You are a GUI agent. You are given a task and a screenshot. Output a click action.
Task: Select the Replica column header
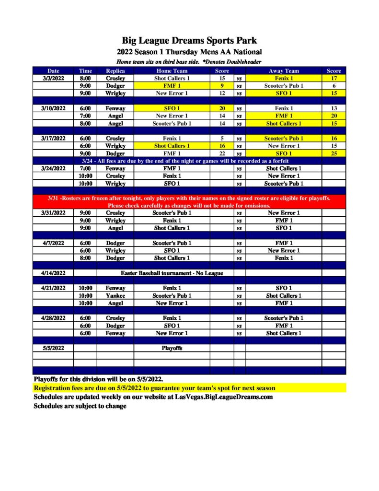coord(115,71)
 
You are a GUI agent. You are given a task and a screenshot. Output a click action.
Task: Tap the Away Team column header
coord(284,71)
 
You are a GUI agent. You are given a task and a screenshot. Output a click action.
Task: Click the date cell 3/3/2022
coord(53,78)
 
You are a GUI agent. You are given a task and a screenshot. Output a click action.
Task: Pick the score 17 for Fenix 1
coord(334,78)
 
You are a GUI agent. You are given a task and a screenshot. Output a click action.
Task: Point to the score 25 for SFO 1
coord(334,153)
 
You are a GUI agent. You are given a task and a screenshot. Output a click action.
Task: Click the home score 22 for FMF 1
coord(222,153)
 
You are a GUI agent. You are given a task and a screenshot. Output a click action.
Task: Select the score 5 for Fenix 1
coord(222,139)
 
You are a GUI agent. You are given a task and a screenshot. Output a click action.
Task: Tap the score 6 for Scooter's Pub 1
coord(334,86)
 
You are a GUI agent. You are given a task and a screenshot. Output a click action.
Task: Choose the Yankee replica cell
coord(115,296)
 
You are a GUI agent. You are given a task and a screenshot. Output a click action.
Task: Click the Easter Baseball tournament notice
coord(172,273)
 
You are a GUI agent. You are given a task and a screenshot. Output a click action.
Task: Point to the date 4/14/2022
coord(53,273)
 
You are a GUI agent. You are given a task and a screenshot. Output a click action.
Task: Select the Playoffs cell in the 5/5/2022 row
coord(172,348)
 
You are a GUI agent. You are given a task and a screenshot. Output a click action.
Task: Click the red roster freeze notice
coord(189,202)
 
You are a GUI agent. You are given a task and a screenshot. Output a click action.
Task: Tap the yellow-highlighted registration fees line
coord(154,388)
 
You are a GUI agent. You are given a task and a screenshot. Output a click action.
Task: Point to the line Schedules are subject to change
coord(80,406)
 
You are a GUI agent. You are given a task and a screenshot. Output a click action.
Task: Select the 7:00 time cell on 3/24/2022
coord(85,168)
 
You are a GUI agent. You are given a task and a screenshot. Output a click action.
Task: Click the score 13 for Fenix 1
coord(334,108)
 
